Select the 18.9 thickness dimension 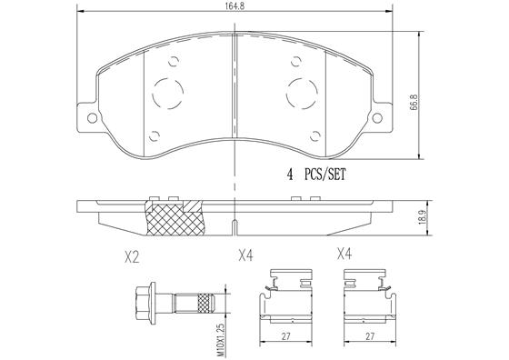[x=422, y=217]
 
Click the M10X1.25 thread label [x=221, y=339]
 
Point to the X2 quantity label [x=132, y=257]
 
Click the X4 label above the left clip [x=245, y=255]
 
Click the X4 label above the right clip [x=344, y=254]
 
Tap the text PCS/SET [x=325, y=175]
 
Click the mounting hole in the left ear [x=92, y=118]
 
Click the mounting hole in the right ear [x=377, y=118]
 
